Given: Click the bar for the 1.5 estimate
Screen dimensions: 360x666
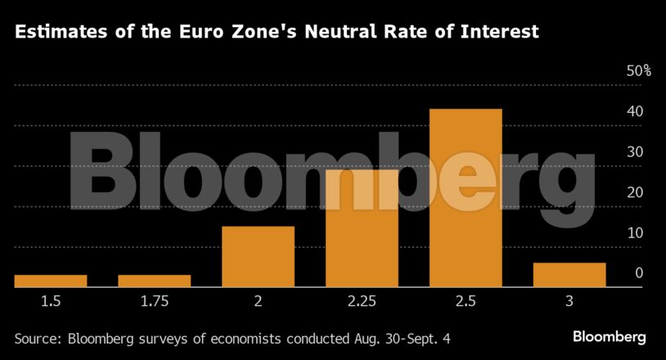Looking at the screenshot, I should [51, 281].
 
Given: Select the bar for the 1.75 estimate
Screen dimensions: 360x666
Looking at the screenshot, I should [155, 281].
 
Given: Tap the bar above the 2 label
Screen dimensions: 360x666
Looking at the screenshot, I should [259, 256].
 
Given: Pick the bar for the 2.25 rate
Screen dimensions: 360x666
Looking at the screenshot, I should [362, 227].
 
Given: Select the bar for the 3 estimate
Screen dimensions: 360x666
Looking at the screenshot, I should [569, 275].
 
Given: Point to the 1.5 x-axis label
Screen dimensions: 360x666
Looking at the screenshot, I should [51, 302].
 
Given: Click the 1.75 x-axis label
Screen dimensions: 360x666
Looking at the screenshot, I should [155, 302].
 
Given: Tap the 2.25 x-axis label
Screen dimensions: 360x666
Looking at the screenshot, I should [362, 302].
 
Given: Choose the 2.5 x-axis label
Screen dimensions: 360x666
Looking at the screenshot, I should [466, 302].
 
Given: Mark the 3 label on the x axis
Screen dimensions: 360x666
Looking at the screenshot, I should [569, 302].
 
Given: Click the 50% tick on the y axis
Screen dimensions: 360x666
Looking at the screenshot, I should [638, 71].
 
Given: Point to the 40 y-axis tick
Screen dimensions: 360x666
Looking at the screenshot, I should [634, 111].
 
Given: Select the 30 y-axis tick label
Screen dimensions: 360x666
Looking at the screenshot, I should [634, 152].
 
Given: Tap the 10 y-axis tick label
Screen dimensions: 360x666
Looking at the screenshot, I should [634, 233].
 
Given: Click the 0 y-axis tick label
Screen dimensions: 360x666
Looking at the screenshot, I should [638, 273].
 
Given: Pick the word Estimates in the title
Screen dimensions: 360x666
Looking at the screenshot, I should [55, 33].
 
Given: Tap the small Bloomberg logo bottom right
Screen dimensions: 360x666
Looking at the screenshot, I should [609, 336].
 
